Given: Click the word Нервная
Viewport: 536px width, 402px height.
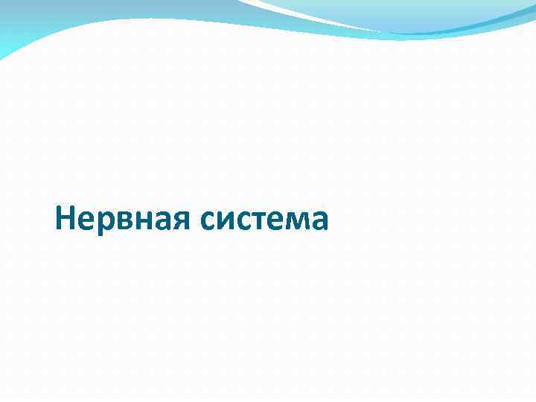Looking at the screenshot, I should (124, 219).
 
